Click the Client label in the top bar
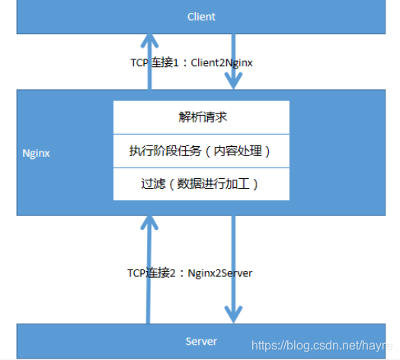(x=201, y=16)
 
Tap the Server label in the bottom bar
(x=201, y=340)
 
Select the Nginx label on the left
(x=36, y=152)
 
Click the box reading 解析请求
(x=201, y=117)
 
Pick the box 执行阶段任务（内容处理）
(x=201, y=151)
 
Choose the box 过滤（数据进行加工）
(x=201, y=183)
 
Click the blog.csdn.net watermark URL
(x=320, y=346)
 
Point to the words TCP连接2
(x=154, y=272)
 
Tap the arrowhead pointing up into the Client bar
(x=150, y=40)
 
